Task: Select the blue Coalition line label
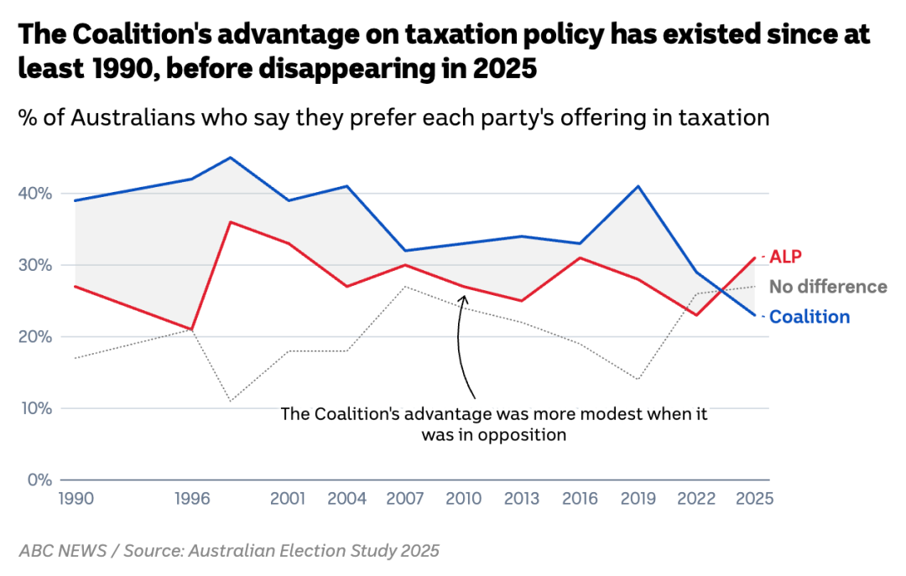(x=810, y=317)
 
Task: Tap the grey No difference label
(x=827, y=287)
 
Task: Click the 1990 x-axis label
(x=75, y=499)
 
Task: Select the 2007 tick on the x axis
(x=406, y=499)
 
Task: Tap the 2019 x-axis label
(x=638, y=499)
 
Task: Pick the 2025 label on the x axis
(x=754, y=499)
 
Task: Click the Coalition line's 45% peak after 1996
(x=230, y=158)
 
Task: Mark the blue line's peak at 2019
(x=638, y=186)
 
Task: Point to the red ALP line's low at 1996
(x=192, y=330)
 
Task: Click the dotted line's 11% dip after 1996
(x=230, y=401)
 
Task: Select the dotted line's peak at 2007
(x=406, y=287)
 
